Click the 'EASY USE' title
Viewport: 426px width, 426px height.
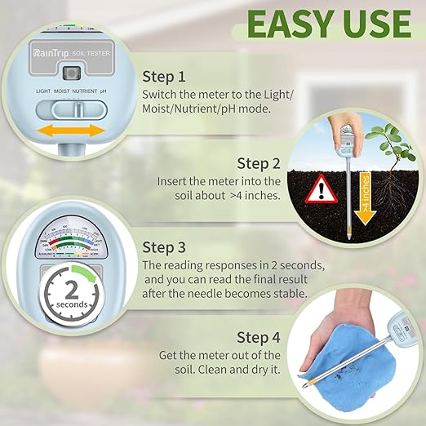point(328,24)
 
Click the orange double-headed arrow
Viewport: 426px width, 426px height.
point(67,131)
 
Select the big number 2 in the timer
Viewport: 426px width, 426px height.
point(71,290)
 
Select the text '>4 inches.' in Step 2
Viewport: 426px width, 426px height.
point(251,196)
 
